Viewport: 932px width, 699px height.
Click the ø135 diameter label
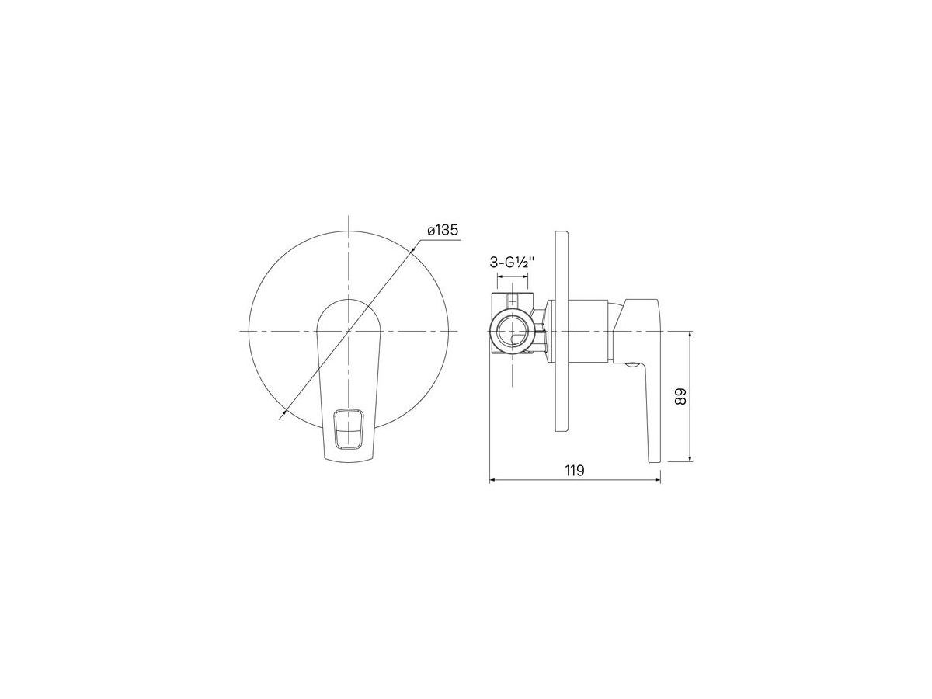(x=443, y=231)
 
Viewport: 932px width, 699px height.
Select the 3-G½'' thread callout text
(x=512, y=263)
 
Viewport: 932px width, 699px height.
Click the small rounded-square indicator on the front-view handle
(x=348, y=428)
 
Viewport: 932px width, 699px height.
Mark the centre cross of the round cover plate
(x=348, y=330)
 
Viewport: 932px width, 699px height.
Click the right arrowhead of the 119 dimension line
(x=658, y=481)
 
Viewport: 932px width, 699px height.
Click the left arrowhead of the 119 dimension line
(x=493, y=481)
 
